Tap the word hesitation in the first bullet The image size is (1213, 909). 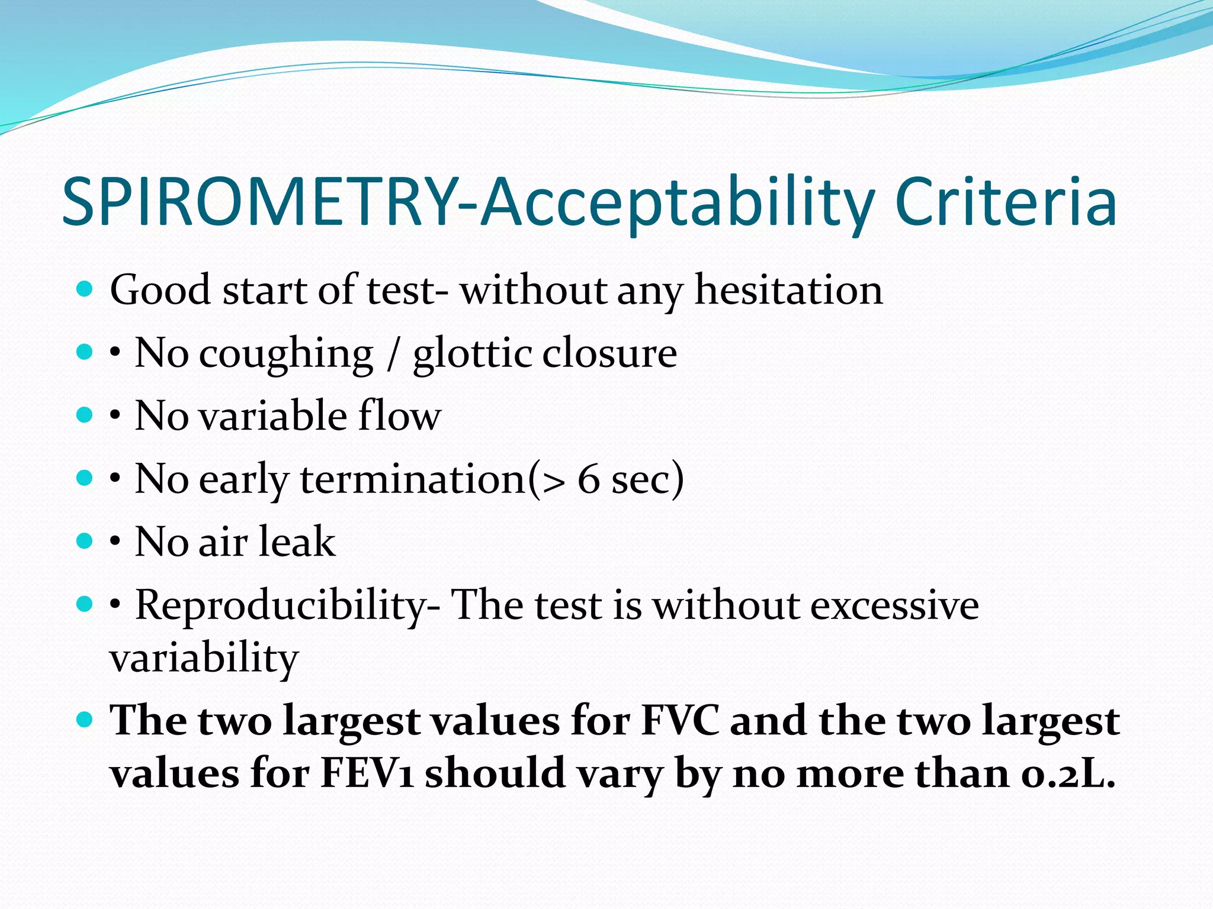[x=788, y=290]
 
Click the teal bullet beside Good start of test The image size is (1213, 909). [x=85, y=289]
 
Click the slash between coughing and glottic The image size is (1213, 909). [x=392, y=354]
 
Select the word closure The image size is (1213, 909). [x=609, y=353]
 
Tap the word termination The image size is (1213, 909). [x=413, y=479]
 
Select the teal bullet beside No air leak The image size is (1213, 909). [x=85, y=541]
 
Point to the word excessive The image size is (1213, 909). [x=894, y=606]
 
